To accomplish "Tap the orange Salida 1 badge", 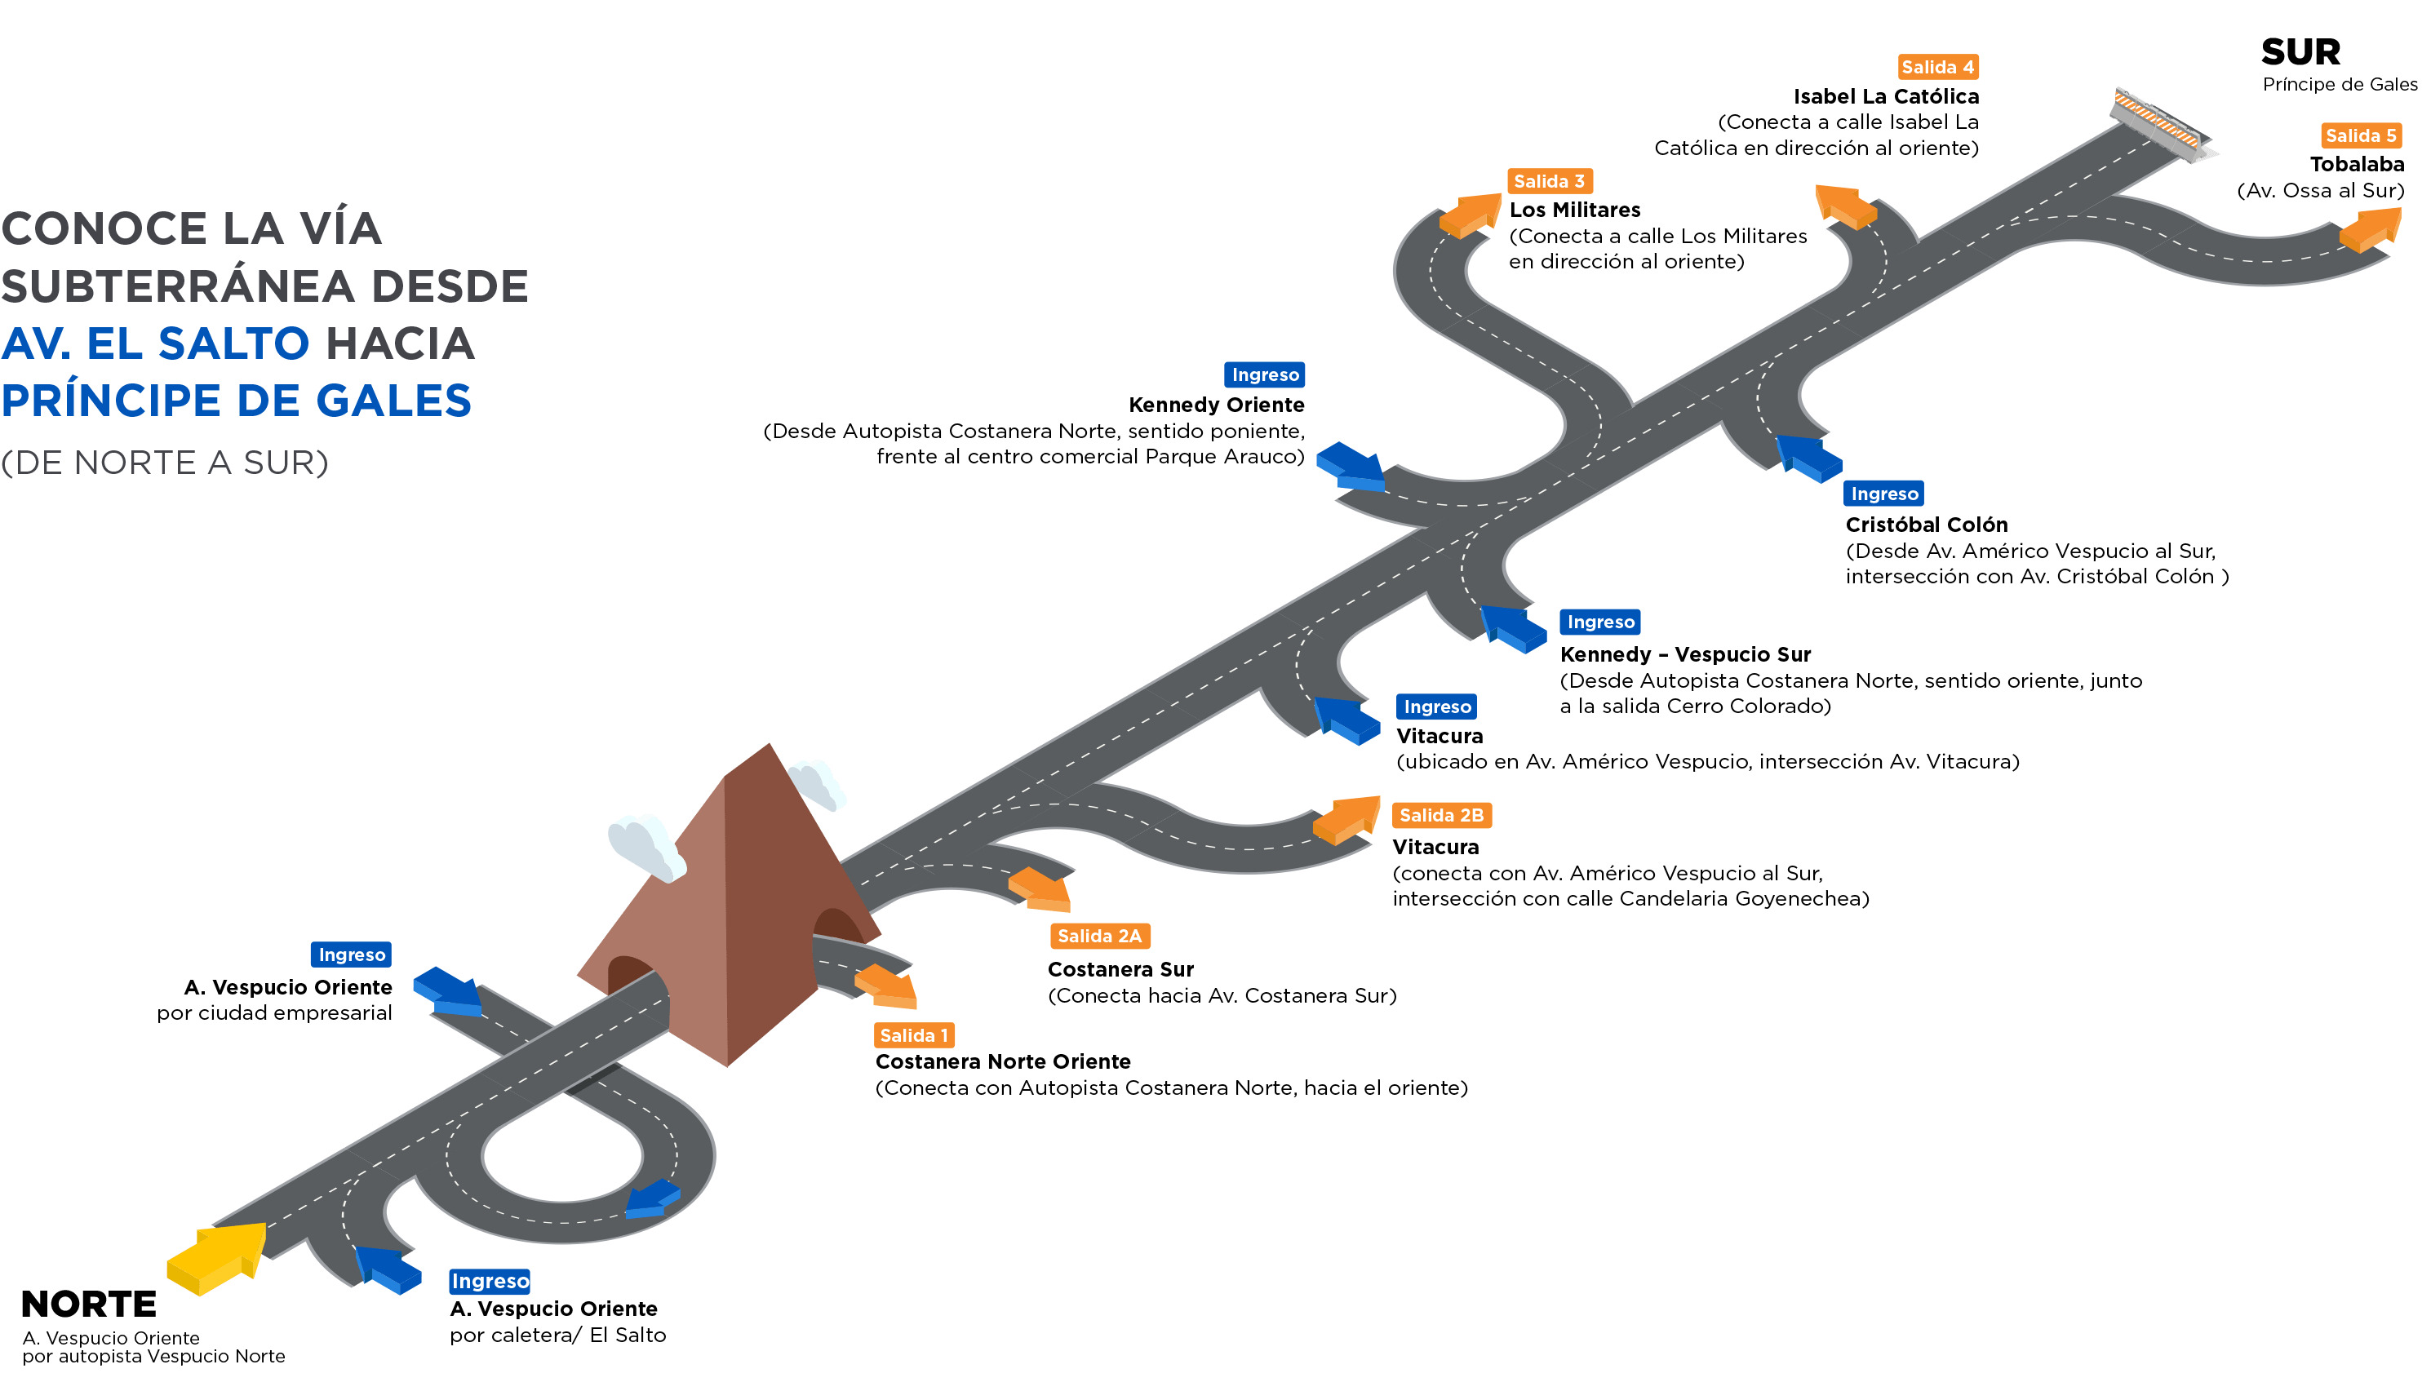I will [x=913, y=1035].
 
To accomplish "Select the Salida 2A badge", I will [x=1099, y=937].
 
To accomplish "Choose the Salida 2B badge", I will [x=1441, y=816].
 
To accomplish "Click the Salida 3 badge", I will [x=1549, y=181].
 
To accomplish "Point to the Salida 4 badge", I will [x=1937, y=67].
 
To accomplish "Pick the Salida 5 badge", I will [x=2360, y=135].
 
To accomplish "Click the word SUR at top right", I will [x=2300, y=51].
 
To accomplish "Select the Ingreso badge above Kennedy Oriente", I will [x=1264, y=374].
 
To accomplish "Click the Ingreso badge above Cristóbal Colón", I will [x=1883, y=494].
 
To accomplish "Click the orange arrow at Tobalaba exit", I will [x=2370, y=229].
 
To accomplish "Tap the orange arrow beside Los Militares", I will [x=1470, y=215].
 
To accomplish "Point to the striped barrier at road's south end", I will [x=2159, y=125].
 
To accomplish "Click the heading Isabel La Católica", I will [x=1885, y=96].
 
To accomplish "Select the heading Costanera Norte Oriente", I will [x=1002, y=1062].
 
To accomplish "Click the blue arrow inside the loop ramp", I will [x=653, y=1199].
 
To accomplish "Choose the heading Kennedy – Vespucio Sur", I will [x=1684, y=654].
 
